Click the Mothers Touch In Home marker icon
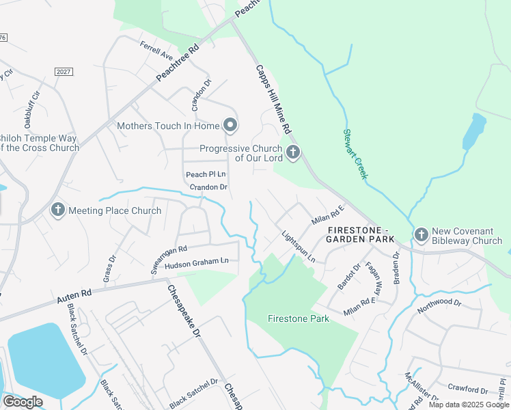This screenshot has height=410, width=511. pos(231,125)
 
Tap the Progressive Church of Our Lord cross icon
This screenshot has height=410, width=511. pos(293,152)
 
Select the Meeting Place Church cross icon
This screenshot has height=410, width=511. pos(58,210)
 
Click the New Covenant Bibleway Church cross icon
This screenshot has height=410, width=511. pos(421,236)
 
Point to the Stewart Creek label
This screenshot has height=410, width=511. pos(355,154)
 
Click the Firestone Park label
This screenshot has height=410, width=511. pos(298,318)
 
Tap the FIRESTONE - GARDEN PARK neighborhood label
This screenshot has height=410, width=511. pos(360,234)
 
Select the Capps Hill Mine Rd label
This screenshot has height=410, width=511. pos(274,99)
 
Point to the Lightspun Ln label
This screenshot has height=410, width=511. pos(299,247)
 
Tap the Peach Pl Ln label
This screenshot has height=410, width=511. pos(206,175)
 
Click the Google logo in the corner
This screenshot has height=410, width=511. pos(23,402)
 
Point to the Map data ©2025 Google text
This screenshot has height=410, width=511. pos(469,405)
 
